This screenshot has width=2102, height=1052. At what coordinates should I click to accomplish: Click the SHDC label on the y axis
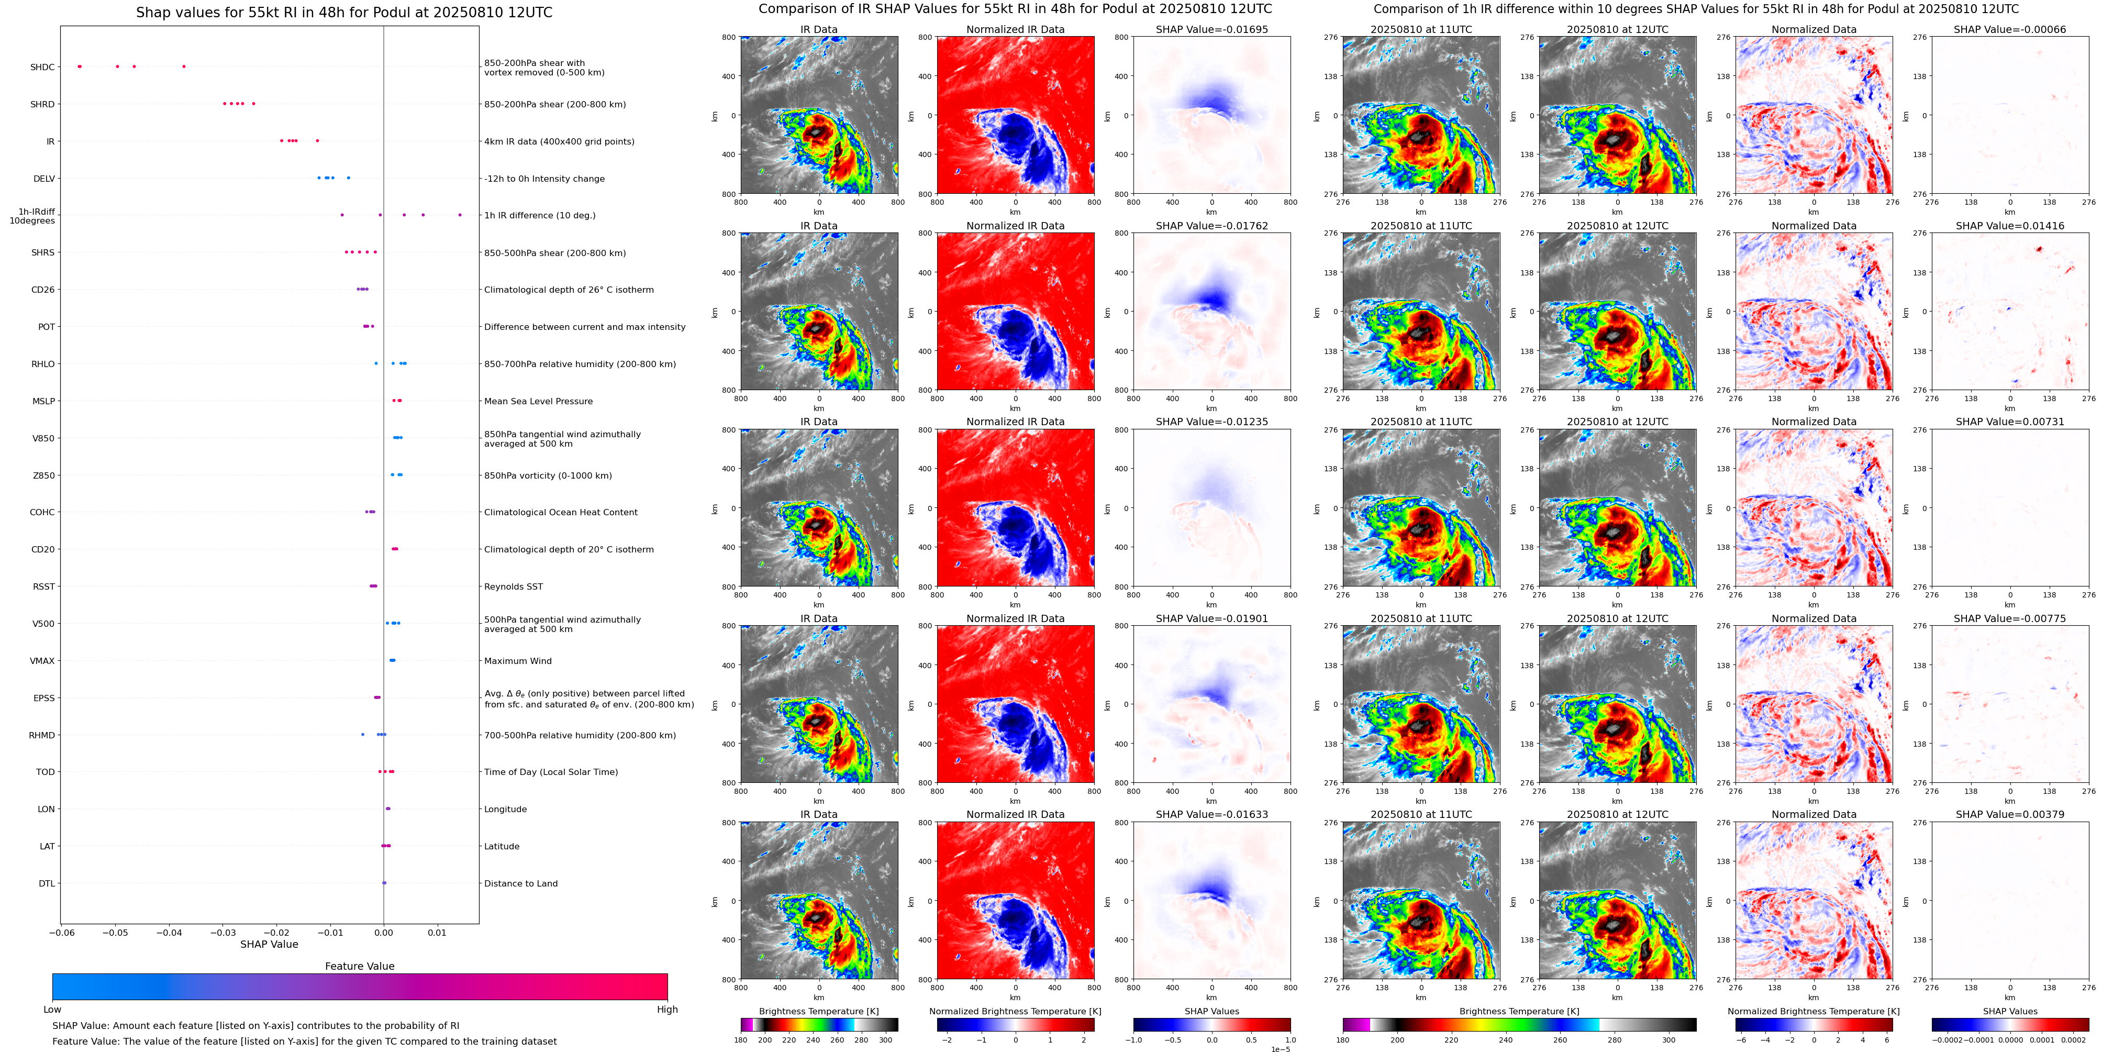coord(42,67)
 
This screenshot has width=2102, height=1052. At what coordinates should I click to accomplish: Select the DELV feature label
coord(44,179)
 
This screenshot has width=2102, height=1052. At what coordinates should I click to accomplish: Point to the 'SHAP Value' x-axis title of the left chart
coord(269,944)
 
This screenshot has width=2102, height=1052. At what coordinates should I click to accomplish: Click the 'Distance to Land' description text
coord(520,883)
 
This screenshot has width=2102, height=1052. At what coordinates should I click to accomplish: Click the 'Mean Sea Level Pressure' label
coord(538,401)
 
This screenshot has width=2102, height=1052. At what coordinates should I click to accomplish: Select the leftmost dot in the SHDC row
coord(79,66)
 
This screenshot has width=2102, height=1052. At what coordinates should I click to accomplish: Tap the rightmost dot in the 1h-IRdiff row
coord(460,215)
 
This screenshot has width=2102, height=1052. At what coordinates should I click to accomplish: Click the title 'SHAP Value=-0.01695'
coord(1212,29)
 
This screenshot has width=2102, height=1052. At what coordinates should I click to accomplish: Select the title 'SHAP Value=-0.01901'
coord(1212,618)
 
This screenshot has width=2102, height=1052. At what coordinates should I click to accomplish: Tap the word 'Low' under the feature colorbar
coord(52,1010)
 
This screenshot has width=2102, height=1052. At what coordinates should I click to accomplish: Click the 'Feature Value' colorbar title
coord(360,966)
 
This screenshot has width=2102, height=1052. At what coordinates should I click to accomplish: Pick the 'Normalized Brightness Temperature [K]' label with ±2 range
coord(1015,1011)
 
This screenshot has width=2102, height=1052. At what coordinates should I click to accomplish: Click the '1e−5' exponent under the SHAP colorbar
coord(1280,1049)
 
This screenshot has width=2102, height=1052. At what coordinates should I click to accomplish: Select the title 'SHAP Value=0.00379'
coord(2010,814)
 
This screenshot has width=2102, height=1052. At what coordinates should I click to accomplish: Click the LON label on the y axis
coord(47,810)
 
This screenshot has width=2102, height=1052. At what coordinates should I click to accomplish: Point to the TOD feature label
coord(46,772)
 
